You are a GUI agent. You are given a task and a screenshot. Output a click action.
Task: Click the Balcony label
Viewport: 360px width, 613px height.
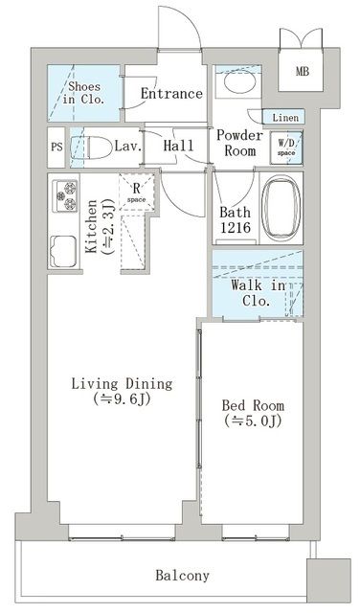pyautogui.click(x=182, y=576)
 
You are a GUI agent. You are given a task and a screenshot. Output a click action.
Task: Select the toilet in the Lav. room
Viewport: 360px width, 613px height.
pyautogui.click(x=90, y=148)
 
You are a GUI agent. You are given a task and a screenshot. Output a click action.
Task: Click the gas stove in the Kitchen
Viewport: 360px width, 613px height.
pyautogui.click(x=65, y=195)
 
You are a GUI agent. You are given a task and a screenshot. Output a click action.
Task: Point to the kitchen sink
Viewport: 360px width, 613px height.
pyautogui.click(x=63, y=251)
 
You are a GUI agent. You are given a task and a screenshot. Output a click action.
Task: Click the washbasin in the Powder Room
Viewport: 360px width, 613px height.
pyautogui.click(x=238, y=83)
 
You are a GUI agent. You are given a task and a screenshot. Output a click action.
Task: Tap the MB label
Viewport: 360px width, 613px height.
pyautogui.click(x=303, y=72)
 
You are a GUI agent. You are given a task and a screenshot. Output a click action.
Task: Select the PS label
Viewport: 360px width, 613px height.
pyautogui.click(x=56, y=148)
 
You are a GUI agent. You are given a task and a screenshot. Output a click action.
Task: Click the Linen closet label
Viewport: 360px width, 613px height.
pyautogui.click(x=285, y=117)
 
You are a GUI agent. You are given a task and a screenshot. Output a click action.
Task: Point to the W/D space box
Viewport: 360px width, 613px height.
pyautogui.click(x=286, y=148)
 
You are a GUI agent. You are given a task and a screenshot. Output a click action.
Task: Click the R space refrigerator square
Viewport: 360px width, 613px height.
pyautogui.click(x=136, y=193)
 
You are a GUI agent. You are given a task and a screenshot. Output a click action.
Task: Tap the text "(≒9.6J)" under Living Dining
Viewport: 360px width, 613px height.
pyautogui.click(x=122, y=399)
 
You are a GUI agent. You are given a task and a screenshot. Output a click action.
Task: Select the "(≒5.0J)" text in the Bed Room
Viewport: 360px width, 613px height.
pyautogui.click(x=253, y=420)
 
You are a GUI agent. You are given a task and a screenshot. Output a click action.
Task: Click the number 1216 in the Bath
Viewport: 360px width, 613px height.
pyautogui.click(x=235, y=228)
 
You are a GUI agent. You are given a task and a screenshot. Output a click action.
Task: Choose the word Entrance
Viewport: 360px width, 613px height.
pyautogui.click(x=171, y=94)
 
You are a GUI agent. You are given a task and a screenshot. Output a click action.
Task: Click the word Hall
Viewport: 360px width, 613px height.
pyautogui.click(x=178, y=146)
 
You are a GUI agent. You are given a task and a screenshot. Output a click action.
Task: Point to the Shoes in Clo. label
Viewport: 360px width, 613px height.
pyautogui.click(x=84, y=93)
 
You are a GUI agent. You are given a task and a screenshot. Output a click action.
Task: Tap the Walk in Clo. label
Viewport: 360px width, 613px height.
pyautogui.click(x=258, y=292)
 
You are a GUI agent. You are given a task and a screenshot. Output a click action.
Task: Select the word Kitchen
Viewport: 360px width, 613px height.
pyautogui.click(x=91, y=226)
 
